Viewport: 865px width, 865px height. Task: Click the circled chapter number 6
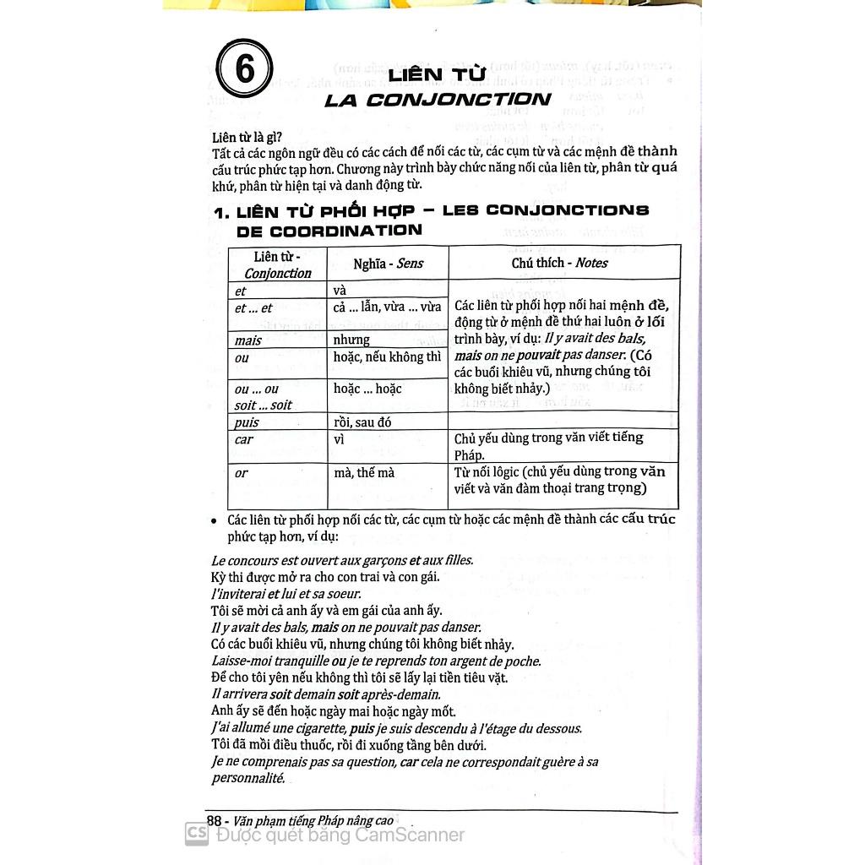coord(244,69)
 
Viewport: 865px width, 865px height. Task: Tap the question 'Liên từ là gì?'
coord(248,137)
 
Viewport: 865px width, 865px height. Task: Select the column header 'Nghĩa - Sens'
coord(388,264)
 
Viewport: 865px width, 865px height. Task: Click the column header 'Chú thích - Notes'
coord(559,263)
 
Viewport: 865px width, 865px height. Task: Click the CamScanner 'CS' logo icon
coord(197,835)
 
